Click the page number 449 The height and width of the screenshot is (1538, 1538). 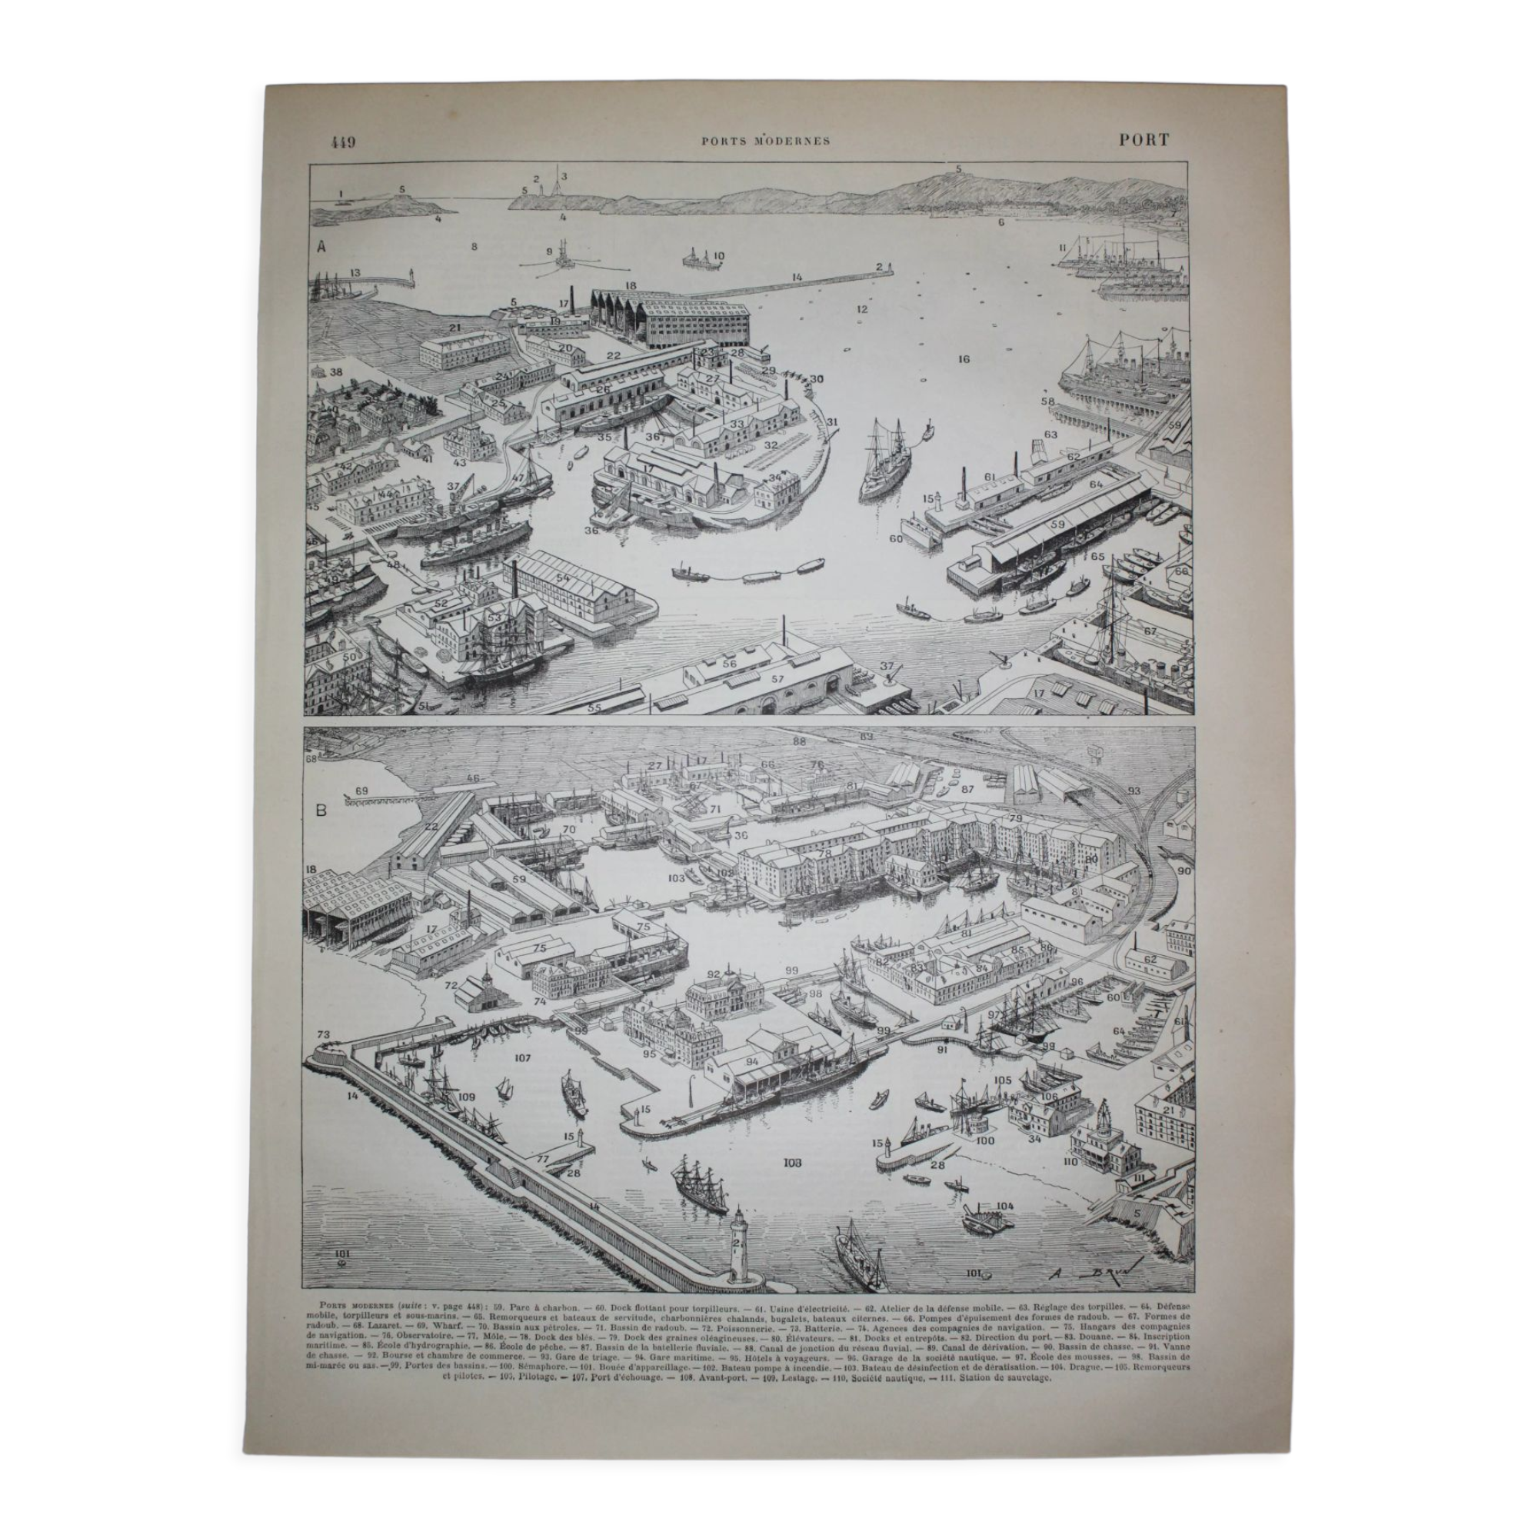(x=343, y=141)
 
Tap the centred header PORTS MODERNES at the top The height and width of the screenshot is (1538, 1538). (x=766, y=141)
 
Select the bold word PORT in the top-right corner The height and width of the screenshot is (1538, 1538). (x=1144, y=140)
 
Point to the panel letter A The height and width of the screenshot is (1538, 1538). (x=321, y=247)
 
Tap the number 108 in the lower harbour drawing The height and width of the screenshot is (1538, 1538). (x=791, y=1163)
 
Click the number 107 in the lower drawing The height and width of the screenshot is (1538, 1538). (x=522, y=1059)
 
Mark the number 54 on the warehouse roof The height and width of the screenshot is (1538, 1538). (x=563, y=578)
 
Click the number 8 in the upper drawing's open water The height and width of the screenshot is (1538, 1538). (x=474, y=247)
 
